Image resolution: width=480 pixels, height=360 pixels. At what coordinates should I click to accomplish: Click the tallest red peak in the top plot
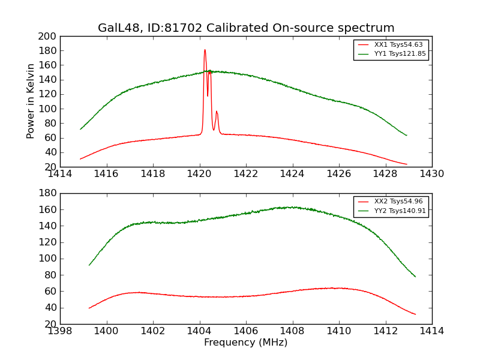pos(205,50)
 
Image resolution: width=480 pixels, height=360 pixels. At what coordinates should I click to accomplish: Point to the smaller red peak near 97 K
pos(217,112)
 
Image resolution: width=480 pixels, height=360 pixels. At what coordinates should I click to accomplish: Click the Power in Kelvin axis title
pos(30,101)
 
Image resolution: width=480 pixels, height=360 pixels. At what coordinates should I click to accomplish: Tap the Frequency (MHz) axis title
pos(246,342)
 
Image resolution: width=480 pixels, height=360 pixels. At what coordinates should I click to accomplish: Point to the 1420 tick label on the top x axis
pos(199,174)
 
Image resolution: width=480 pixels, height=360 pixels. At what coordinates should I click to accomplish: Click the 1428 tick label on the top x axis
pos(385,174)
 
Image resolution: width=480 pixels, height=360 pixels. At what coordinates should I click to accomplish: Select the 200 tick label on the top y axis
pos(47,37)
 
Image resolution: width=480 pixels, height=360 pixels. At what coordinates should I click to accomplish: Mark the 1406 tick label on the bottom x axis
pos(246,331)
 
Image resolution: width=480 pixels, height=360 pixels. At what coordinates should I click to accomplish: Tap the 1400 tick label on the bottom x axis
pos(106,331)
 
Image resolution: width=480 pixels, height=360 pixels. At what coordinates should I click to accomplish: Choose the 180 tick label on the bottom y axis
pos(47,193)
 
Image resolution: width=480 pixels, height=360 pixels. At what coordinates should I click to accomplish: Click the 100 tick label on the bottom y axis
pos(47,259)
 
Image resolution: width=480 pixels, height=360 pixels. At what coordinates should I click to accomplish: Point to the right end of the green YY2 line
pos(415,277)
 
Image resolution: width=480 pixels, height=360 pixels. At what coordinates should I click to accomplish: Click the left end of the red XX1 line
pos(80,159)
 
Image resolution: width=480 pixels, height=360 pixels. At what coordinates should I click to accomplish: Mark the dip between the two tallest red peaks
pos(208,96)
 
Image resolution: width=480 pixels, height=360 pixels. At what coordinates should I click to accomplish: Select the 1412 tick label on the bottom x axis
pos(385,331)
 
